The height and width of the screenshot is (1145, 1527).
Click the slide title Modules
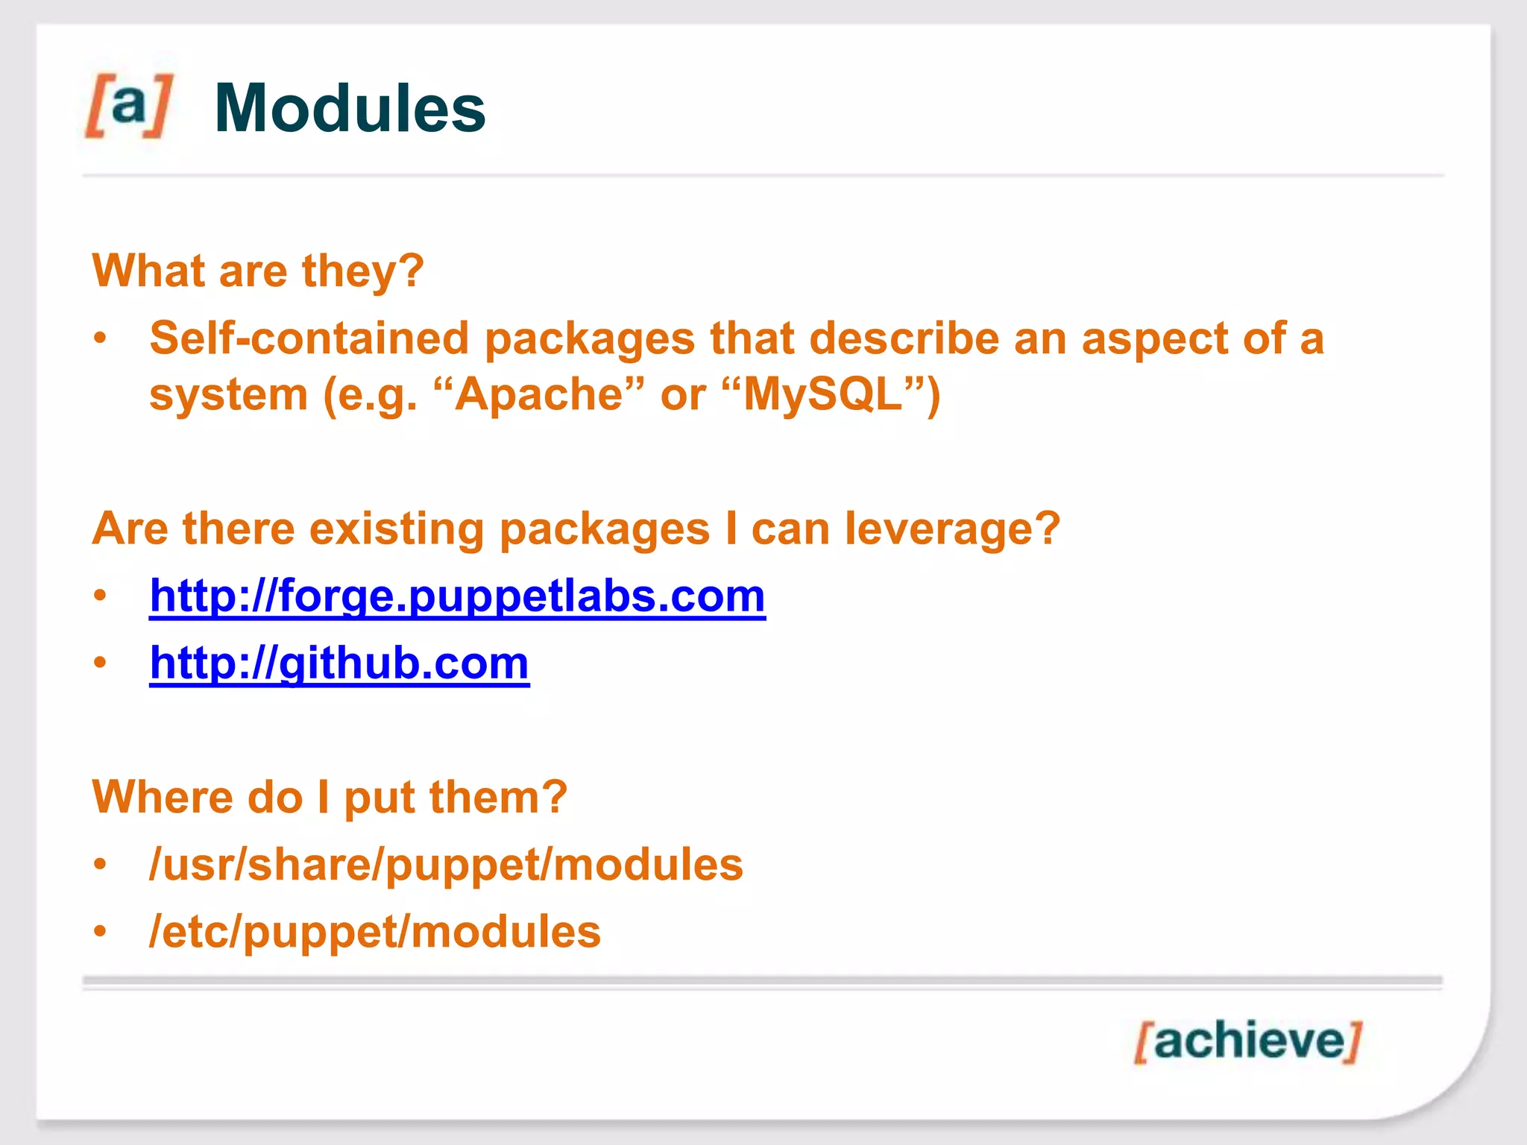point(350,109)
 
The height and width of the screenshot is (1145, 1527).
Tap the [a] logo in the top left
point(129,105)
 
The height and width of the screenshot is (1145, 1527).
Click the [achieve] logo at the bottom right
point(1248,1041)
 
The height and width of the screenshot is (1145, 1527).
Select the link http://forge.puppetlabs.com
point(457,596)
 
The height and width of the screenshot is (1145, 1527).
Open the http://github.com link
point(339,663)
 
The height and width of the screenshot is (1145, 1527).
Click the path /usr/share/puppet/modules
point(446,865)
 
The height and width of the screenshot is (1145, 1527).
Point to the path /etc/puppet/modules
point(374,932)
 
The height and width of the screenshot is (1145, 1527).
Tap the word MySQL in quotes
point(822,394)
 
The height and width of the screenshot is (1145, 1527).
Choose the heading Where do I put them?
point(330,797)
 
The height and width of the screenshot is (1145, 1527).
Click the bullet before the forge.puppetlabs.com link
point(101,596)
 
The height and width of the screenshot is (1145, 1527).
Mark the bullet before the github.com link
point(101,663)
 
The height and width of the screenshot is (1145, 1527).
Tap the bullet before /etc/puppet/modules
point(101,932)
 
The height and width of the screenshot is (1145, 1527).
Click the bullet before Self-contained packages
point(101,339)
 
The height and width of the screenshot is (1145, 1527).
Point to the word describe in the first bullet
point(904,338)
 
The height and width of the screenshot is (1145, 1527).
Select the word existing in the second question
point(397,529)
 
